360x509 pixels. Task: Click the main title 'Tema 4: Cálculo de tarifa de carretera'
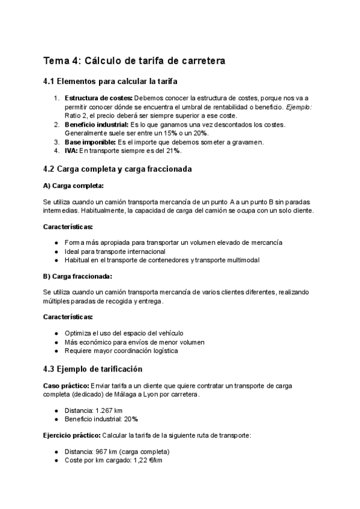(x=134, y=61)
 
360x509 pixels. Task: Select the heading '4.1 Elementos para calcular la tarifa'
(x=110, y=82)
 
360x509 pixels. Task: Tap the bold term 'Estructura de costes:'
(x=98, y=98)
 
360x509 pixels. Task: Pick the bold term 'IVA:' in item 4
(x=71, y=151)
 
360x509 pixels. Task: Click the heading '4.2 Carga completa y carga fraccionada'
(x=118, y=169)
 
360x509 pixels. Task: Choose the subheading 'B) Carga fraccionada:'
(x=78, y=276)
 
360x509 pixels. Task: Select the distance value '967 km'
(x=108, y=451)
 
